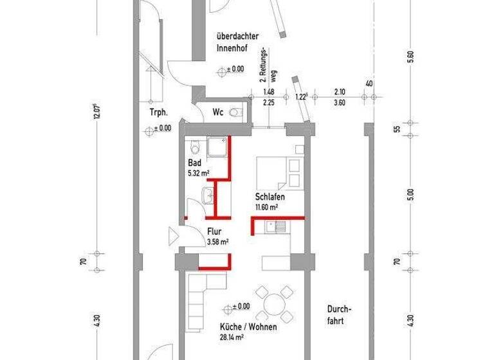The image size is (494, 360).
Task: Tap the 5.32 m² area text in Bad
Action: pyautogui.click(x=198, y=173)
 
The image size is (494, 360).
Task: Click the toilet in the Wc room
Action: pyautogui.click(x=239, y=112)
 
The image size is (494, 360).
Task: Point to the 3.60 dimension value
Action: pyautogui.click(x=340, y=102)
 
